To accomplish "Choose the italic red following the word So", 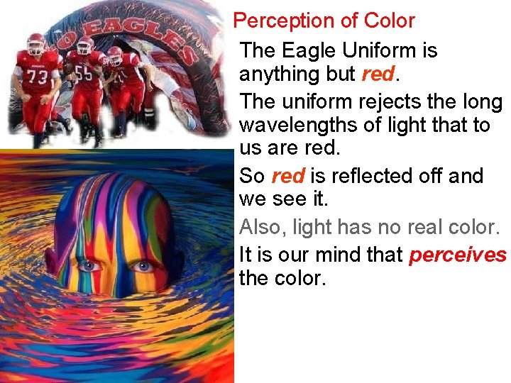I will tap(287, 176).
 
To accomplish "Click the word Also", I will tap(260, 228).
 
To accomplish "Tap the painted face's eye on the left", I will tap(89, 266).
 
